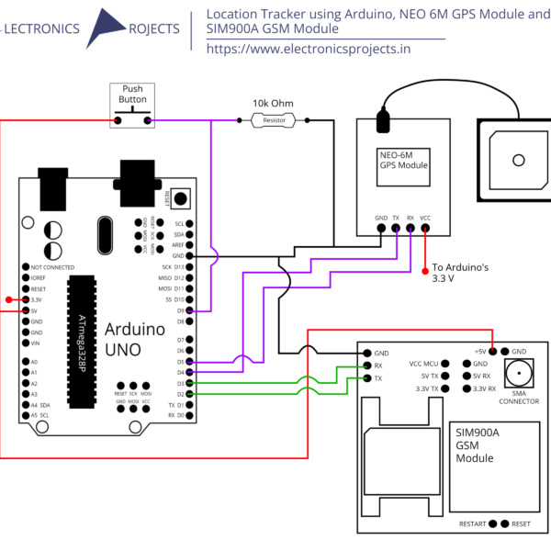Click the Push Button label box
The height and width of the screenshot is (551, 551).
(x=133, y=94)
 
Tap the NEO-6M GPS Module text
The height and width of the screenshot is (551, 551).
(x=404, y=161)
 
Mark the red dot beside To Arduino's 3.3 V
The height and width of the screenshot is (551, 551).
(x=425, y=269)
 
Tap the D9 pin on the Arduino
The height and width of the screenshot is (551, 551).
(x=189, y=311)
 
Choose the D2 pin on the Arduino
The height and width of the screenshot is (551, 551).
(x=189, y=394)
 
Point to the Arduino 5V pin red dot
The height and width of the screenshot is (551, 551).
(x=25, y=310)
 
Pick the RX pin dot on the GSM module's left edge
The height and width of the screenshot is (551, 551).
(x=366, y=365)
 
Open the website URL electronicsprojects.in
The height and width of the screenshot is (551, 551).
(x=308, y=48)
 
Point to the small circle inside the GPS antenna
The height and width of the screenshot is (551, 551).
(x=520, y=160)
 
